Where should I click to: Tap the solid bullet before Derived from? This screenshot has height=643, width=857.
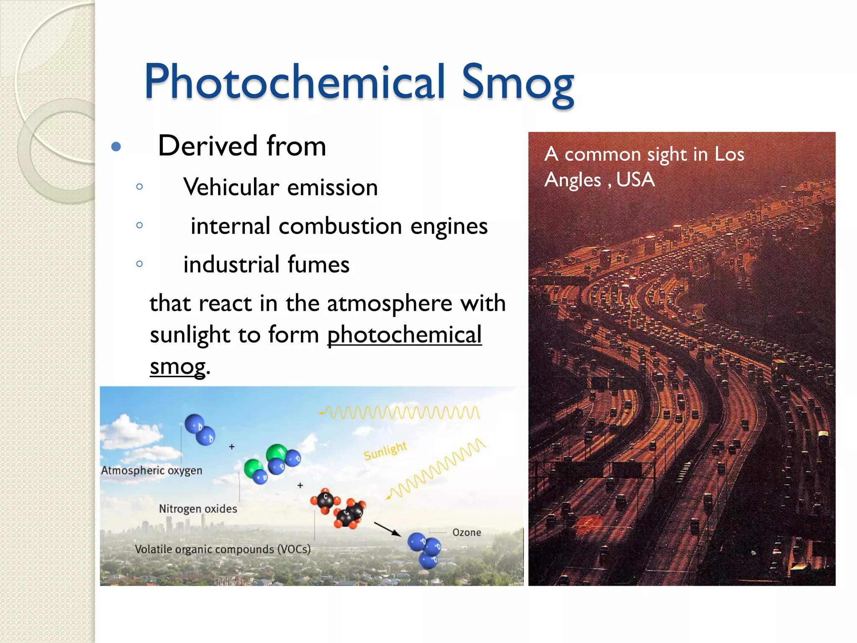click(116, 147)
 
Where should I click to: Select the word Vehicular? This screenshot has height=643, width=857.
click(231, 187)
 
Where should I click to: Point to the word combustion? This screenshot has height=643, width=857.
click(340, 226)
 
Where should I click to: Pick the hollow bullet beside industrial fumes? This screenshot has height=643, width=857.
click(140, 264)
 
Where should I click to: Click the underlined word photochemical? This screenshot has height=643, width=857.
click(404, 335)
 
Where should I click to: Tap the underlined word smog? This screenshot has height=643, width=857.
click(178, 367)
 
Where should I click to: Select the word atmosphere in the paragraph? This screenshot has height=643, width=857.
click(389, 303)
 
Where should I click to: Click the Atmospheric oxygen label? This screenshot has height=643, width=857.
click(151, 471)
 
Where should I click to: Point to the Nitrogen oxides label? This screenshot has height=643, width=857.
click(198, 509)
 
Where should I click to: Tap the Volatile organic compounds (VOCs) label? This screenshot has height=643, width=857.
click(223, 549)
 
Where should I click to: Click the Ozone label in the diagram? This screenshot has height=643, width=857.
click(467, 532)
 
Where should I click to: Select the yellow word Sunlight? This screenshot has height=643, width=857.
click(385, 451)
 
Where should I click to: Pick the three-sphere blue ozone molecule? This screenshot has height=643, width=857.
click(425, 550)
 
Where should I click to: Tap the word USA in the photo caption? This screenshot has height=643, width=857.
click(635, 180)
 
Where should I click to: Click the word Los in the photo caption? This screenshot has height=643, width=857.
click(729, 154)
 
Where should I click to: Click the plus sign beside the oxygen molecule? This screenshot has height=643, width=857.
click(232, 447)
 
